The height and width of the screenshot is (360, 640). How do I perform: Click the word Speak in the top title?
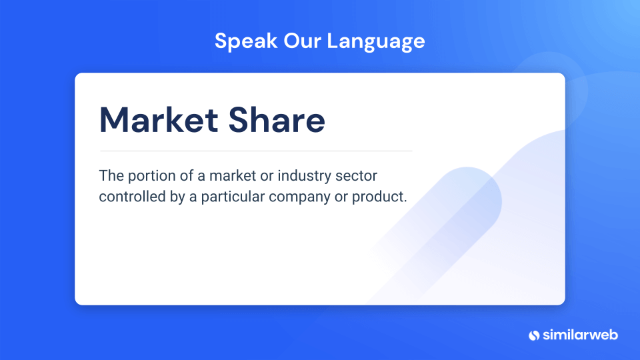246,41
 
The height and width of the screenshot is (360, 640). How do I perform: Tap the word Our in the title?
301,41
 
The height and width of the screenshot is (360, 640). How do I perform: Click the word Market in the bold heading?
159,120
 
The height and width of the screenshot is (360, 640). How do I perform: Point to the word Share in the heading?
277,120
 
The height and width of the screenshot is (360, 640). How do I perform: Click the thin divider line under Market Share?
256,151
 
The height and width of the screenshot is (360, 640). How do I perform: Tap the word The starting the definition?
111,175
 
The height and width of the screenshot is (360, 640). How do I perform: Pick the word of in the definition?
187,175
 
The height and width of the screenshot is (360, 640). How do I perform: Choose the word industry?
305,177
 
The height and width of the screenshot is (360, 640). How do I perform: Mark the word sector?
356,176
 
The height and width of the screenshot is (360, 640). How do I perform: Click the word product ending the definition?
379,197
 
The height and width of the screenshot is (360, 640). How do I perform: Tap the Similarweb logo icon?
534,335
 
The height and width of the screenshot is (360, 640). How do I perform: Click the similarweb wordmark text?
580,335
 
